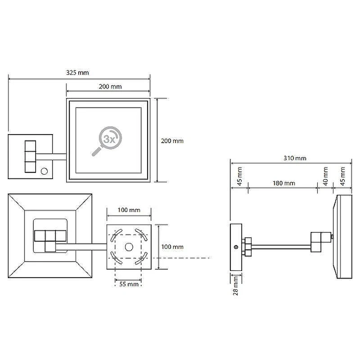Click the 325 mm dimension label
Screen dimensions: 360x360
point(77,72)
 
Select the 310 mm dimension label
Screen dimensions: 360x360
point(295,158)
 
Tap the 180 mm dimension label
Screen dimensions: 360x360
point(284,183)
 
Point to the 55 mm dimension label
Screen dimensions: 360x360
point(129,284)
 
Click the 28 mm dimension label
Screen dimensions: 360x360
point(235,285)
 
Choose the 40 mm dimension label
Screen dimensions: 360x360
point(325,176)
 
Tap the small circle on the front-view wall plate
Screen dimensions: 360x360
point(44,171)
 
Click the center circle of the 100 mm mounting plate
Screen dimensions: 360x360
point(129,247)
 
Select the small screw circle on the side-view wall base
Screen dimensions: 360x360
point(235,247)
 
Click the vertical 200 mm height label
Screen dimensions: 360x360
point(172,141)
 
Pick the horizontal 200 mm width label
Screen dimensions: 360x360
point(110,86)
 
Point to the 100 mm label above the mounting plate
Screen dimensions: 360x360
point(129,210)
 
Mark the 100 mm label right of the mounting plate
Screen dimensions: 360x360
point(172,247)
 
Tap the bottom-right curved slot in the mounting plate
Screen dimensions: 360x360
point(142,259)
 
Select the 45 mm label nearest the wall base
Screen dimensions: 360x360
point(239,176)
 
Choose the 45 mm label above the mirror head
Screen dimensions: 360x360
point(342,176)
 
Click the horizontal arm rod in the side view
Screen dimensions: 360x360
point(281,247)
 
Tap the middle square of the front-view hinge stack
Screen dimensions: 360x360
point(30,157)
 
